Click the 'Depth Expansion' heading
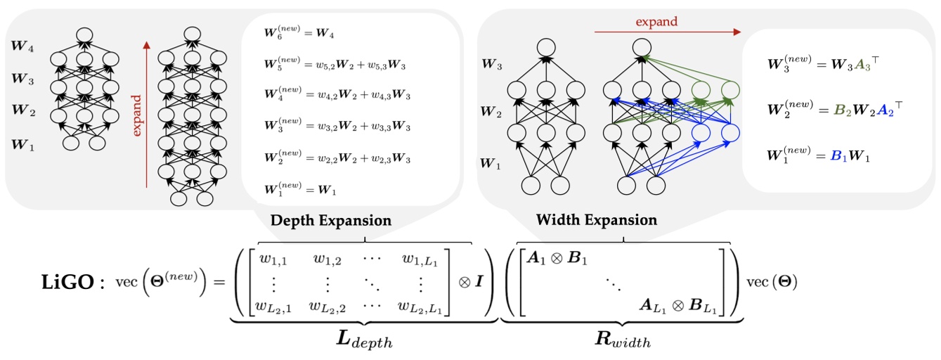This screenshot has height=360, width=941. tap(330, 220)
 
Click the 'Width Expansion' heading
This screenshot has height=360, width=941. tap(597, 220)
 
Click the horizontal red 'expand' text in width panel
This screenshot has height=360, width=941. tap(656, 21)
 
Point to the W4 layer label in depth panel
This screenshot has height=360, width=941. tap(22, 49)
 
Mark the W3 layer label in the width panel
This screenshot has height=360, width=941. tap(492, 65)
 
